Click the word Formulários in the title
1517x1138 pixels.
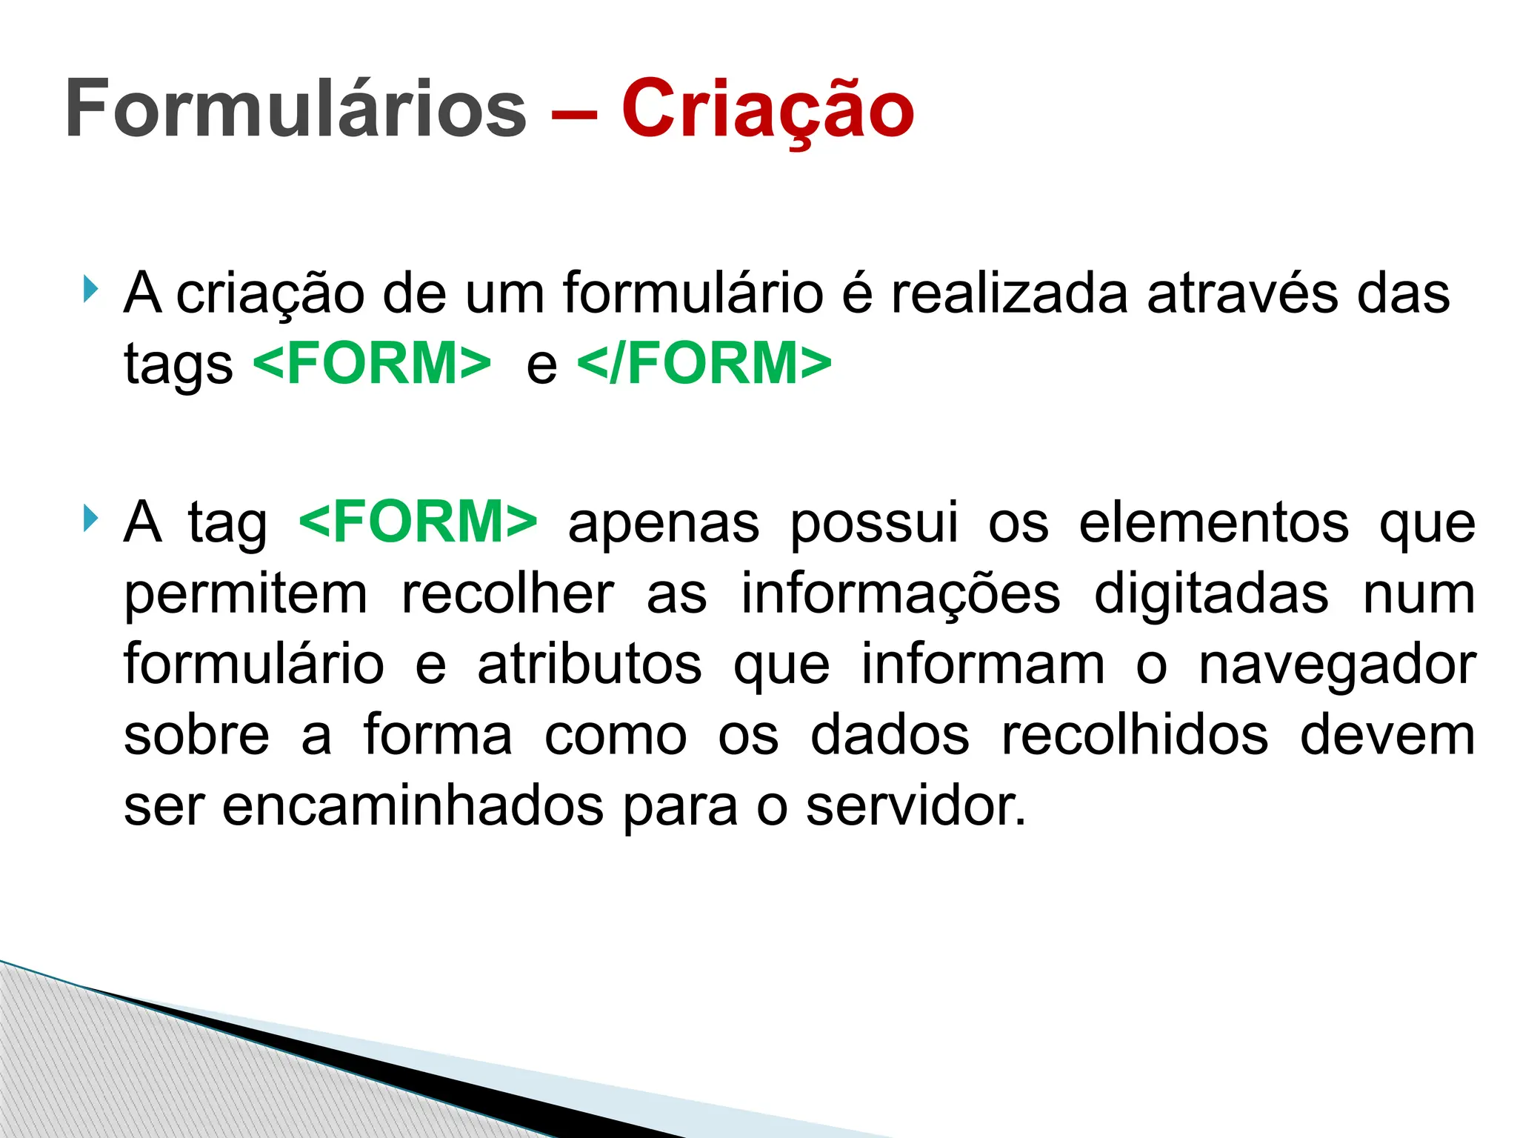pyautogui.click(x=295, y=109)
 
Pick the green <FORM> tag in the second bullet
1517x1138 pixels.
pyautogui.click(x=419, y=522)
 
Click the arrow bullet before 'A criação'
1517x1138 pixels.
pyautogui.click(x=90, y=288)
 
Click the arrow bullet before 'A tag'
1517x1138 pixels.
pyautogui.click(x=90, y=518)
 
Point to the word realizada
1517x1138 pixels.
pyautogui.click(x=1009, y=293)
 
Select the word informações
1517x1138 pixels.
pyautogui.click(x=901, y=594)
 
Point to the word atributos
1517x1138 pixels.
pyautogui.click(x=590, y=664)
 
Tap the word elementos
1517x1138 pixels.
pyautogui.click(x=1214, y=523)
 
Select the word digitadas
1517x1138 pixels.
pyautogui.click(x=1212, y=594)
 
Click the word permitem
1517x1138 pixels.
pyautogui.click(x=245, y=594)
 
